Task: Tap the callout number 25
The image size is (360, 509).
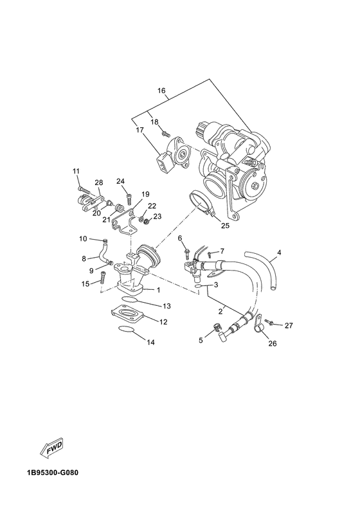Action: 224,226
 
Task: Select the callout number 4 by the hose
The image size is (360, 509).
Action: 280,253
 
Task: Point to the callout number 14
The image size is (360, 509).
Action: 150,343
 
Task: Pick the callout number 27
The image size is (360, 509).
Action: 289,325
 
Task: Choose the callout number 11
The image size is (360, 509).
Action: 76,171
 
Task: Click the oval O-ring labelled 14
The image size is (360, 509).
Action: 129,330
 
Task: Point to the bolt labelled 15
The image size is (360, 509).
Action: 102,278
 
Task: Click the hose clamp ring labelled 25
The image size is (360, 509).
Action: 204,204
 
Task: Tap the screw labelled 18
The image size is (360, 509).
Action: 165,134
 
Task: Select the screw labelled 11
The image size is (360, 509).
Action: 80,188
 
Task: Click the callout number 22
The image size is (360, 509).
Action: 152,206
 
